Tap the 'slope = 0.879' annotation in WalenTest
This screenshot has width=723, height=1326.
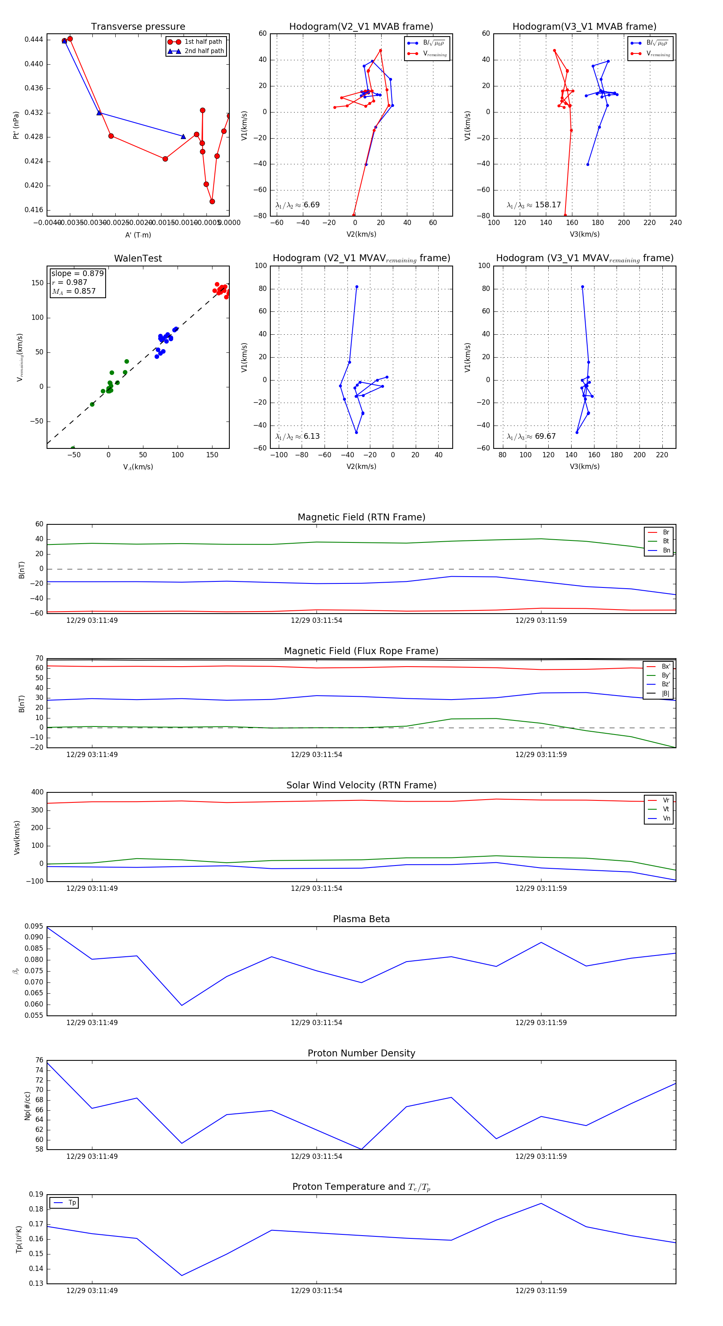[x=77, y=273]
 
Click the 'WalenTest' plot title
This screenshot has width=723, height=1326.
[x=138, y=258]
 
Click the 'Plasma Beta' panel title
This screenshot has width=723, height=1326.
[x=361, y=919]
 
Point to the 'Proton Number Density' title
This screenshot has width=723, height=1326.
[x=361, y=1053]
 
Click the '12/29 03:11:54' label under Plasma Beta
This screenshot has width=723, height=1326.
[x=317, y=1022]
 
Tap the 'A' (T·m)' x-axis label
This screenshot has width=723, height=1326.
[x=138, y=235]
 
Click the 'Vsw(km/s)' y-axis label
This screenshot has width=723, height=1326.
[x=17, y=837]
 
